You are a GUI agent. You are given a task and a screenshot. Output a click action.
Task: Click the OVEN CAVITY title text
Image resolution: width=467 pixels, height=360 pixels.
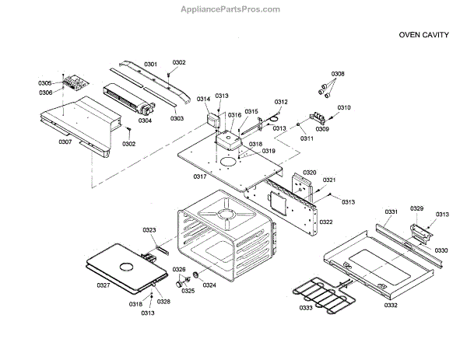(x=423, y=35)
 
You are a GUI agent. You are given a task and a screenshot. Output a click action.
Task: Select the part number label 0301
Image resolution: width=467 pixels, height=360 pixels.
(x=150, y=63)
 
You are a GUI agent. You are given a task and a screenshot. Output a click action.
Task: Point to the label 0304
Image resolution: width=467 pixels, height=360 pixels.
(x=145, y=121)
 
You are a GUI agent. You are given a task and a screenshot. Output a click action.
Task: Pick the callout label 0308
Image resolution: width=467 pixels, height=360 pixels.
(x=337, y=75)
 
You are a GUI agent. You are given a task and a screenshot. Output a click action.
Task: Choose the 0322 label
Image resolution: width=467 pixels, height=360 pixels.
(x=325, y=222)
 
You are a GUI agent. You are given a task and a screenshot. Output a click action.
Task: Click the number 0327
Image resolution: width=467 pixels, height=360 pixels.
(x=104, y=285)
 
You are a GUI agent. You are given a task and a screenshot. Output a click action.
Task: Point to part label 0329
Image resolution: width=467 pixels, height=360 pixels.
(x=417, y=208)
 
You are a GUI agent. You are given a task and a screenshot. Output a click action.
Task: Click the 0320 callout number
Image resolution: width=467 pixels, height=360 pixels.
(x=309, y=173)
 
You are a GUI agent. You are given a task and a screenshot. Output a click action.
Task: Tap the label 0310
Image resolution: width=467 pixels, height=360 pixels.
(x=344, y=107)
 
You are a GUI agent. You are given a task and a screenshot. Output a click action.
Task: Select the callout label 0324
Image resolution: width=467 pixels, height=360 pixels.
(x=209, y=285)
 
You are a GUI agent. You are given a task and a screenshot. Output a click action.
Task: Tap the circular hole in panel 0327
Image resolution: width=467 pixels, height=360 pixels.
(x=124, y=267)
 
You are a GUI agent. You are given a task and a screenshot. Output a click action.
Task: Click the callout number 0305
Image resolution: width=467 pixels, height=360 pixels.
(x=45, y=83)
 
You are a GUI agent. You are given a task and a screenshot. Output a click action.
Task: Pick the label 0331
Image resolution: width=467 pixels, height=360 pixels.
(x=391, y=211)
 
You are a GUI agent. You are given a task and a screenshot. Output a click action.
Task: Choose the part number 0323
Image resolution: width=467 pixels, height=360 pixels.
(x=149, y=230)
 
